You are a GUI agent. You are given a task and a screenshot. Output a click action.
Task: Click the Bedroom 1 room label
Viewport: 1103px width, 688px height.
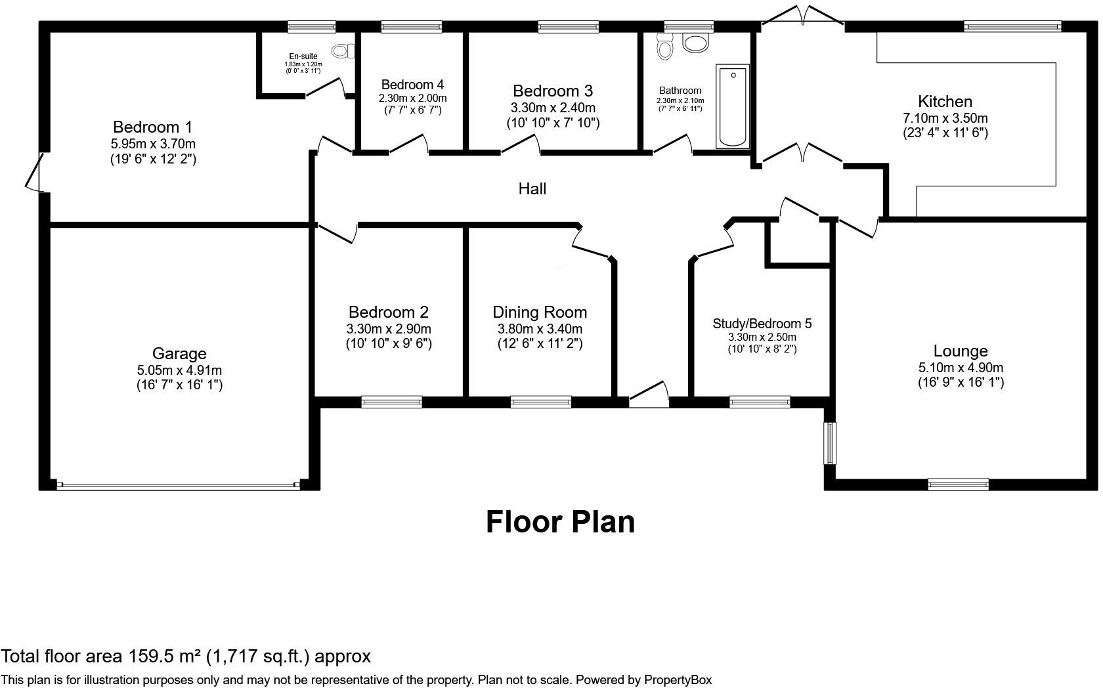point(152,127)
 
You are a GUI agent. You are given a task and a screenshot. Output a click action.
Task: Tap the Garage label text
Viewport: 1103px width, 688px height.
point(179,354)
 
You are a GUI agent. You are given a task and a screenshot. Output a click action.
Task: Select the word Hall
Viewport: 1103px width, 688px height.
point(532,188)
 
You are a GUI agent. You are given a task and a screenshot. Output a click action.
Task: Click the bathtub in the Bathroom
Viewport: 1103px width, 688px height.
point(732,106)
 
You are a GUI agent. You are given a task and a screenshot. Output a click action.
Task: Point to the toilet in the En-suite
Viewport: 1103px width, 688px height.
point(343,51)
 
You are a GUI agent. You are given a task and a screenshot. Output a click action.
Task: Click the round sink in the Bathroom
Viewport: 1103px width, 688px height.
point(695,43)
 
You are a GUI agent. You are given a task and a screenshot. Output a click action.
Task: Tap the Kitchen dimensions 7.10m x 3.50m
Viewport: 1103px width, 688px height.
point(945,118)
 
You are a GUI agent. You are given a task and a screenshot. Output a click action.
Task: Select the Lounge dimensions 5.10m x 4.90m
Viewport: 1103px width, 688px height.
point(961,368)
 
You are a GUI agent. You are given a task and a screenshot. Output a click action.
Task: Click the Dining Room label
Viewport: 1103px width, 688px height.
point(540,312)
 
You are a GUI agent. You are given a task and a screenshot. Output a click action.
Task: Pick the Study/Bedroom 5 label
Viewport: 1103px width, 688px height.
point(762,324)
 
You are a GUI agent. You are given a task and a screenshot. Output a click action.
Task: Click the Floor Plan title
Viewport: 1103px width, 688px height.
point(561,522)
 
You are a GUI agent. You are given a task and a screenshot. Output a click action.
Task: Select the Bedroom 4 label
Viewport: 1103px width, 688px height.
point(412,85)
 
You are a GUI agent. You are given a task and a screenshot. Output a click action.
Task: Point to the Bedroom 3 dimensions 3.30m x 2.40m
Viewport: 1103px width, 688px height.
point(553,108)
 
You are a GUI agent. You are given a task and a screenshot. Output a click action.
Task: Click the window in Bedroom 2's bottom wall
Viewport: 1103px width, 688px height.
point(391,402)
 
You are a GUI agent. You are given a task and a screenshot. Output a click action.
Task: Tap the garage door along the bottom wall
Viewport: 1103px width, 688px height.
point(179,486)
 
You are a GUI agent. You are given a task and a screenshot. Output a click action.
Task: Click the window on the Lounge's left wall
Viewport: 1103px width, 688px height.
point(830,443)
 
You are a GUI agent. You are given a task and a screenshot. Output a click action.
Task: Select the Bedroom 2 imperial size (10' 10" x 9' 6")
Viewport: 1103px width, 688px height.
point(389,344)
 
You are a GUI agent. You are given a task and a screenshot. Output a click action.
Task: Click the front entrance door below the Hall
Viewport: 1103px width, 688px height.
point(649,394)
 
